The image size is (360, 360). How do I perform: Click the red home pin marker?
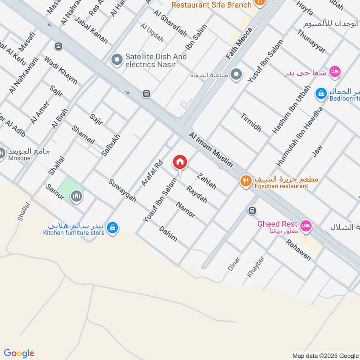pos(180,162)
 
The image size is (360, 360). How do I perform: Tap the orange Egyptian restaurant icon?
pos(245,181)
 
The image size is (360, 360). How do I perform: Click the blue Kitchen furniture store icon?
pos(113,229)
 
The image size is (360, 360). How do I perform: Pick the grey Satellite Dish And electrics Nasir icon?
pos(117,60)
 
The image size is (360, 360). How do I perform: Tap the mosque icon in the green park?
pos(76,196)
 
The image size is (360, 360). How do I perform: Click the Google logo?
pos(18,353)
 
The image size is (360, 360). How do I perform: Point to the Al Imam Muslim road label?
pos(211,149)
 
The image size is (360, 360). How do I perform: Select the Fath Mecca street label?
pos(239,43)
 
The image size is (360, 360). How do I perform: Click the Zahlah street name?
pos(207,180)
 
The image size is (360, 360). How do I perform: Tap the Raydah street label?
pos(197,194)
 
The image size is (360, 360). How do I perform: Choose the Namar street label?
pos(185,210)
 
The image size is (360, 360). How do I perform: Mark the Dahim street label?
pos(168,233)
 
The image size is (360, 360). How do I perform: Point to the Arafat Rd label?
pos(151,173)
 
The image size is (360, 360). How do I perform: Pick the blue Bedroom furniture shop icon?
pos(321,94)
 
